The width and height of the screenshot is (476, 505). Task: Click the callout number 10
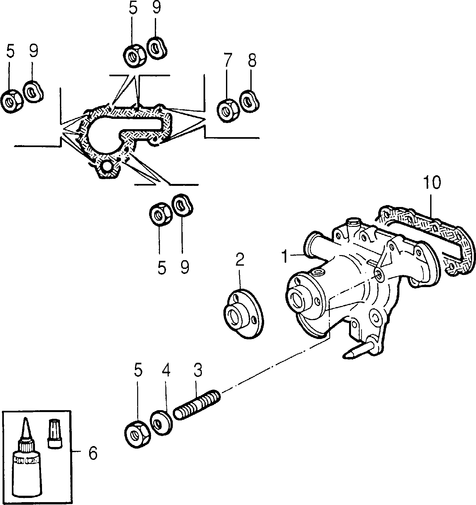(431, 182)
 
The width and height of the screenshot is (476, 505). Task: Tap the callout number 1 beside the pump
(284, 257)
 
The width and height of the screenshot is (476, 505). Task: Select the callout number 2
(240, 261)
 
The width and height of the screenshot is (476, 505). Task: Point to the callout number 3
(198, 370)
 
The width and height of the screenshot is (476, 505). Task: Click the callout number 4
(166, 370)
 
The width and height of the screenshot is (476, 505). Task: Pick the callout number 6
(92, 454)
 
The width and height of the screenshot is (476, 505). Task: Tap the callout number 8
(252, 60)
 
